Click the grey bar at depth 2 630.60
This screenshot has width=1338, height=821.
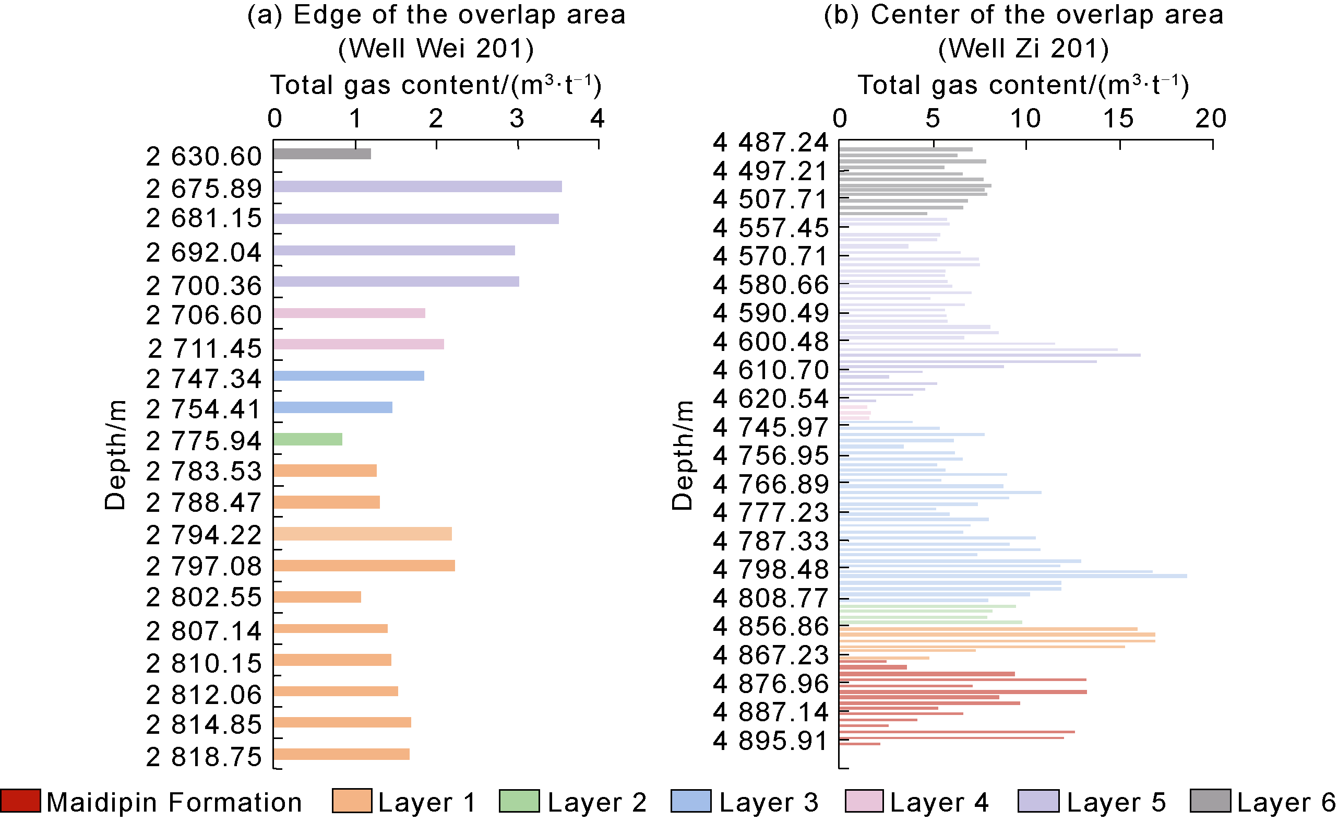pyautogui.click(x=322, y=154)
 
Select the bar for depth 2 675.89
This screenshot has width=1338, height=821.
pyautogui.click(x=417, y=186)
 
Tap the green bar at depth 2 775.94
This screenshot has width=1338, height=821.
pyautogui.click(x=308, y=439)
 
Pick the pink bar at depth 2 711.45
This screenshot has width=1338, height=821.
pyautogui.click(x=359, y=344)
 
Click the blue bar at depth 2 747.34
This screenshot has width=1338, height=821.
pyautogui.click(x=349, y=376)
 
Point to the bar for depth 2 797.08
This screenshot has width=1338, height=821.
pyautogui.click(x=364, y=566)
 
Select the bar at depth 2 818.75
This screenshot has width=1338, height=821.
pyautogui.click(x=341, y=754)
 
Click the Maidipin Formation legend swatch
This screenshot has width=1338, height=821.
pyautogui.click(x=20, y=801)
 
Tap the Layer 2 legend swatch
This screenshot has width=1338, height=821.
pyautogui.click(x=519, y=801)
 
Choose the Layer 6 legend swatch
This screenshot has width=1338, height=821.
pyautogui.click(x=1210, y=801)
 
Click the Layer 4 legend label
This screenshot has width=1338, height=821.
pyautogui.click(x=939, y=803)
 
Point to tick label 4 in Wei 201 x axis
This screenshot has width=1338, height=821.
pyautogui.click(x=598, y=119)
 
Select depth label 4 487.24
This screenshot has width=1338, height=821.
pyautogui.click(x=771, y=143)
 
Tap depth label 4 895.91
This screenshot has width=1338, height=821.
pyautogui.click(x=771, y=741)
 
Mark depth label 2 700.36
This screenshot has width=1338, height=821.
pyautogui.click(x=204, y=286)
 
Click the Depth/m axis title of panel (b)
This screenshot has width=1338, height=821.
pyautogui.click(x=682, y=455)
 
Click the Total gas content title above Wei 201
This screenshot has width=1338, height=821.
pyautogui.click(x=436, y=85)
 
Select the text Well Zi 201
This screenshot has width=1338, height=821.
pyautogui.click(x=1024, y=49)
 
